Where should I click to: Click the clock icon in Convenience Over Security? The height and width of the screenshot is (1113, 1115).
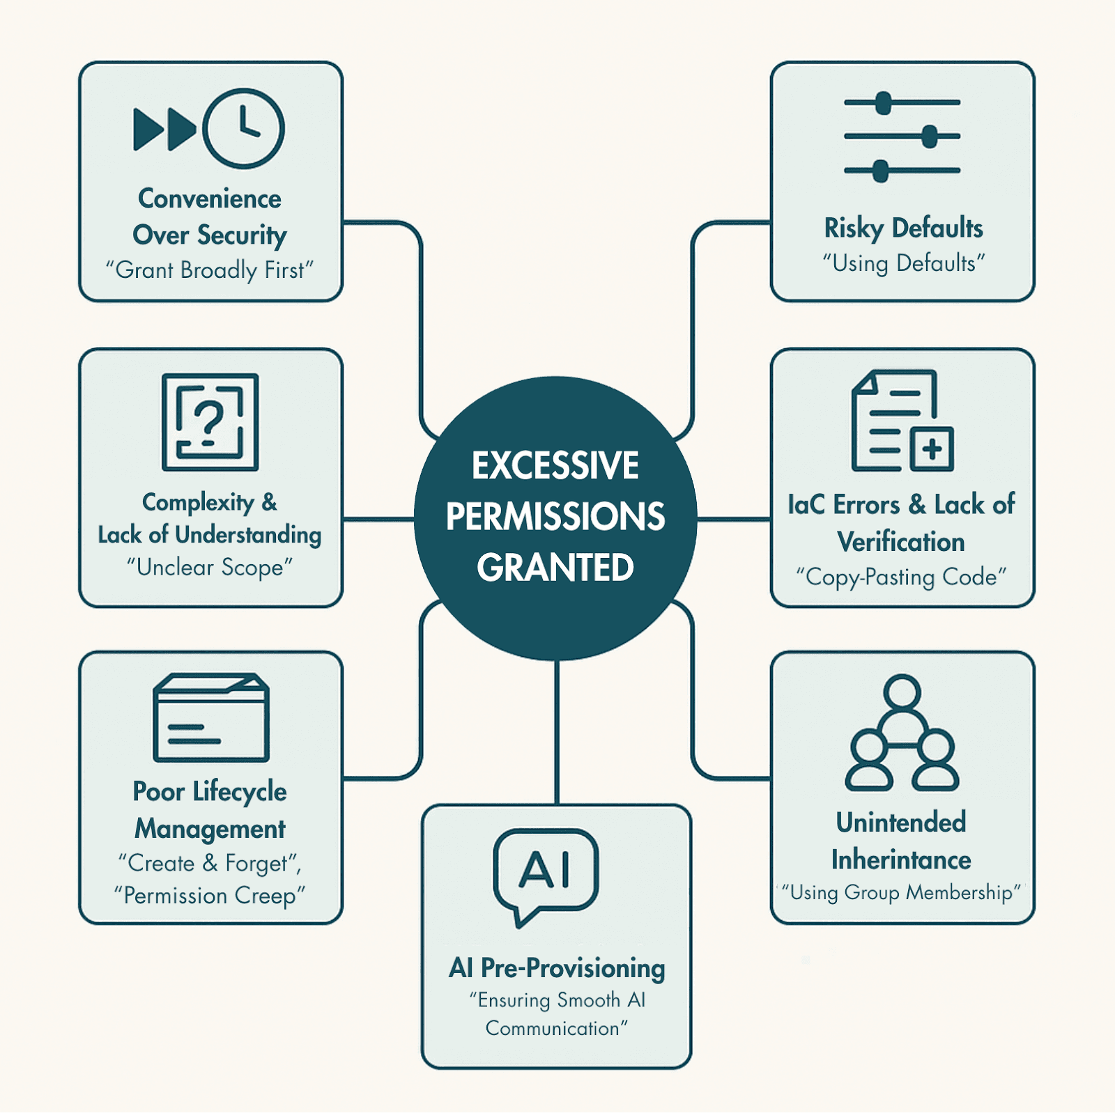pos(243,129)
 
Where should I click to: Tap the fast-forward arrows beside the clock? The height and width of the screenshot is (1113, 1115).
pos(164,130)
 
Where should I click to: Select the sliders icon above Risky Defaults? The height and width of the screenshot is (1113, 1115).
pos(902,137)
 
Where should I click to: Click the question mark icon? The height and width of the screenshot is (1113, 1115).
pos(210,422)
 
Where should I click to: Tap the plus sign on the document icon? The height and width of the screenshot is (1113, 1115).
pos(932,449)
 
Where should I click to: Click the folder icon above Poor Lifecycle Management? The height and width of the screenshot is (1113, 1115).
pos(211,717)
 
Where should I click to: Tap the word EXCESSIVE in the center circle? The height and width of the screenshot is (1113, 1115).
pos(555,466)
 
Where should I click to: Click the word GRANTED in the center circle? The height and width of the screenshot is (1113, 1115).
pos(555,568)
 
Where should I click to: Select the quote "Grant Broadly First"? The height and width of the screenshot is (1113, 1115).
pos(210,270)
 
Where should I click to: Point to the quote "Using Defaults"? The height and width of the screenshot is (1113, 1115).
pos(903,263)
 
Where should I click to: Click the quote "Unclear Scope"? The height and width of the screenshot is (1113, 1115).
pos(210,568)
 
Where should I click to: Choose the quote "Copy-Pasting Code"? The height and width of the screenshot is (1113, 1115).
pos(901,577)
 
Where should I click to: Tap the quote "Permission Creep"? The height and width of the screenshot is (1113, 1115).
pos(210,896)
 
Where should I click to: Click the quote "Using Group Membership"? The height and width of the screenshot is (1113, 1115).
pos(901,893)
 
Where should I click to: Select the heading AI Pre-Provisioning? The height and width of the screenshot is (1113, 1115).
pos(557,968)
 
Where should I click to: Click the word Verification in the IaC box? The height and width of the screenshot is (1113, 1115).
pos(901,542)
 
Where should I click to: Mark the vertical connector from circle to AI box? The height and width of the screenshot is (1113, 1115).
pos(557,731)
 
